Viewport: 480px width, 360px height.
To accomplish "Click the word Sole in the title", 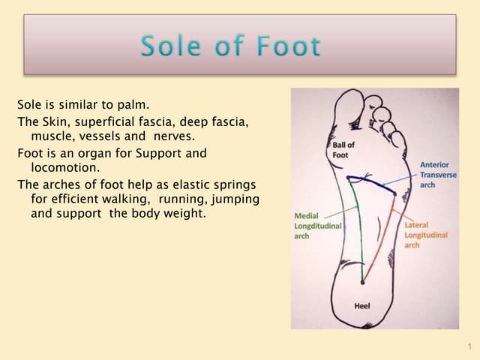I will point(170,46).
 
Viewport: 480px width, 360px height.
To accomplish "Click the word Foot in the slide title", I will point(289,46).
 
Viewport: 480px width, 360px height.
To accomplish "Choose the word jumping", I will point(236,199).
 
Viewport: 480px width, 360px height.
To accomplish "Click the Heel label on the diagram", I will point(361,306).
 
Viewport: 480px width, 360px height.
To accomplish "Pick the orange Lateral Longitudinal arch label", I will point(425,235).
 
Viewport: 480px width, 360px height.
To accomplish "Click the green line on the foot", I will point(358,232).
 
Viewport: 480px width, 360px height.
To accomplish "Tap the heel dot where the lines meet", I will point(363,283).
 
